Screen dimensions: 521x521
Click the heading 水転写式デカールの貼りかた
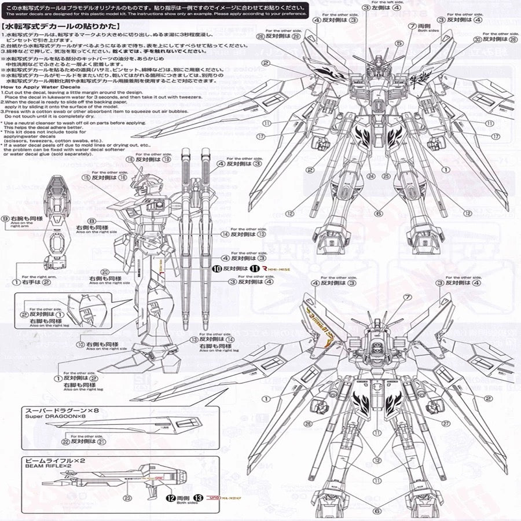tap(61, 26)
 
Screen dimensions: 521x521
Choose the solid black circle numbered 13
tap(199, 497)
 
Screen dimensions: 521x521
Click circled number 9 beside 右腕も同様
tap(5, 218)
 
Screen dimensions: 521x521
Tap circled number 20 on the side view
tap(105, 271)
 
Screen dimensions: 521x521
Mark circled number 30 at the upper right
tap(477, 40)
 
